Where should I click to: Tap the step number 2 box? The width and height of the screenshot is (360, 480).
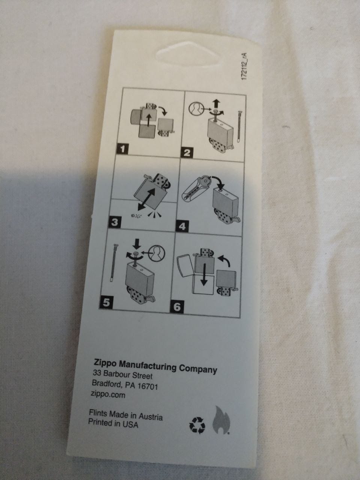pyautogui.click(x=187, y=152)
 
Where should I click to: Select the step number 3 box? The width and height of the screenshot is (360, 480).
pyautogui.click(x=114, y=222)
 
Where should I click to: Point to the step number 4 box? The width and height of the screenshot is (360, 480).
pyautogui.click(x=182, y=226)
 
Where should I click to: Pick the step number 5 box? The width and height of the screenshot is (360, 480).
pyautogui.click(x=106, y=303)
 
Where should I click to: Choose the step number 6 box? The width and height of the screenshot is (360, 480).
pyautogui.click(x=177, y=307)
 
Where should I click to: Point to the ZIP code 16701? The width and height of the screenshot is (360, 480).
pyautogui.click(x=147, y=386)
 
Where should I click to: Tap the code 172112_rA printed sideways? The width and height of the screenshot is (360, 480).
pyautogui.click(x=245, y=66)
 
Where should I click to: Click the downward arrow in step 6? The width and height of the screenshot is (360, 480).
pyautogui.click(x=204, y=274)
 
